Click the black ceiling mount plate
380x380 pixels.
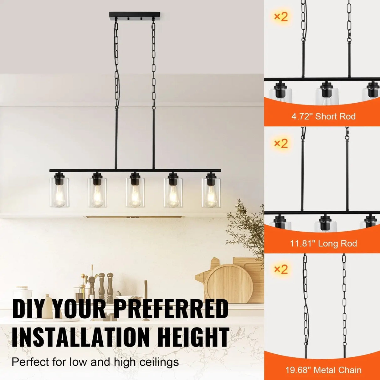135,15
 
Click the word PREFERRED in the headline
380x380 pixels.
171,309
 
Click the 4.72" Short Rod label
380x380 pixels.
323,116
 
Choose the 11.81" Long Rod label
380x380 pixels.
323,243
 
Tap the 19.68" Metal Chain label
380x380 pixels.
323,370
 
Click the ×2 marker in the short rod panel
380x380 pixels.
281,17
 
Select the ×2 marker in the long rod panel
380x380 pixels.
281,143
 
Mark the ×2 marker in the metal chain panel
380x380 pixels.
281,269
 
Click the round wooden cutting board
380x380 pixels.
229,284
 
